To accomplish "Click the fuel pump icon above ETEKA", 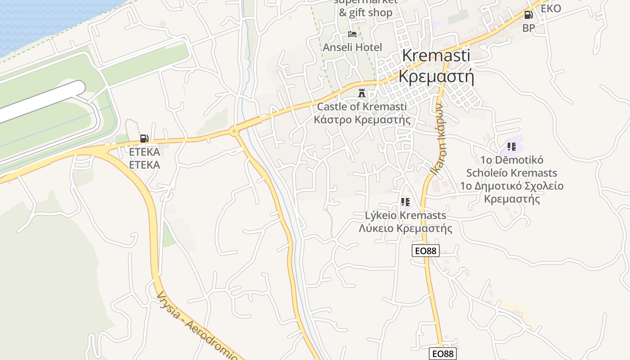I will coord(144,139).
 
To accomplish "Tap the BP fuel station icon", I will coord(528,15).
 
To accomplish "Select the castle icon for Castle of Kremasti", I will coord(361,93).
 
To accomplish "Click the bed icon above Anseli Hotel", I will coord(352,34).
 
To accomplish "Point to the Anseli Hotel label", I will coord(352,47).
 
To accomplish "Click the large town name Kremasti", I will coord(436,55).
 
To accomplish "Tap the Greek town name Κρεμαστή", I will coord(436,76).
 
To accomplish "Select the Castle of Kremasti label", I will coord(362,107).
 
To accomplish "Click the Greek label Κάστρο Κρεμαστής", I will coord(362,120).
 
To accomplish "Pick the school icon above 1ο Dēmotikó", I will coord(511,147).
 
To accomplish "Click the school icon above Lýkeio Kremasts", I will coord(405,202).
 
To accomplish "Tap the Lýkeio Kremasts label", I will coord(405,215).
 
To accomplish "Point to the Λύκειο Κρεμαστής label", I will coord(405,228).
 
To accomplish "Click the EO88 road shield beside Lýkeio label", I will coord(425,251).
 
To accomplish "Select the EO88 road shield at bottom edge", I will coord(442,354).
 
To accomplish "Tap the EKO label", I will coord(551,9).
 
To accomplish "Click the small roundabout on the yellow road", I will coord(234,131).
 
